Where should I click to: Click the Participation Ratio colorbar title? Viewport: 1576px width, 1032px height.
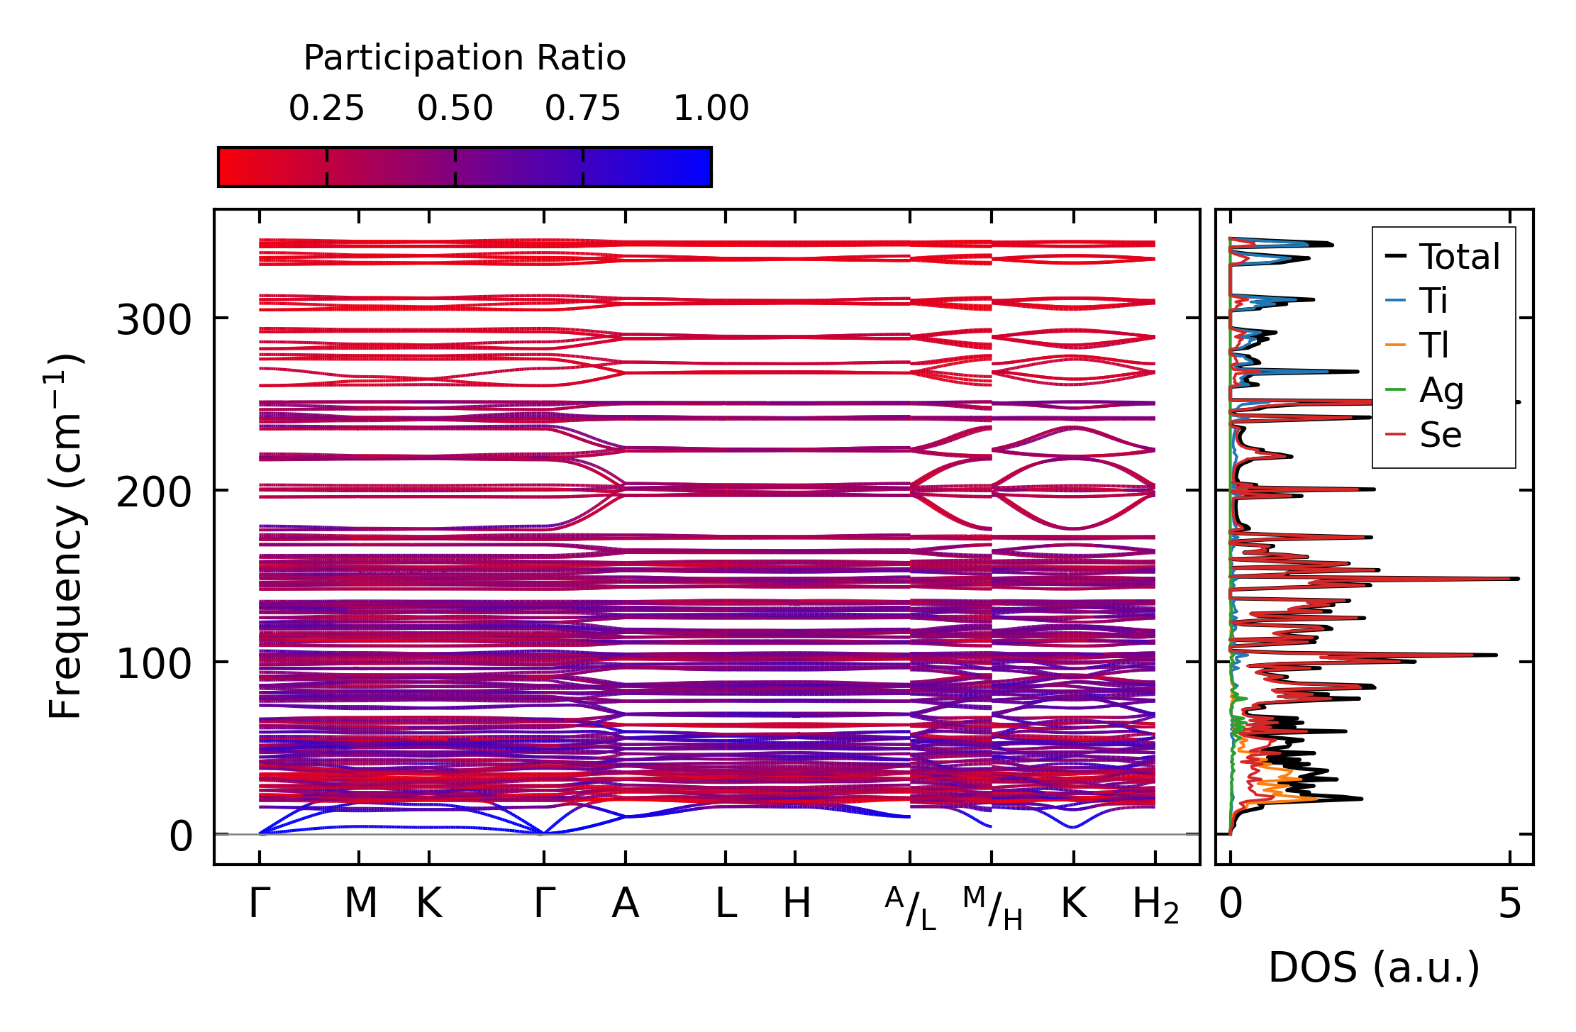click(x=465, y=58)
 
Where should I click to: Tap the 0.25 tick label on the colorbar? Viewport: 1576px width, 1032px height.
click(x=326, y=109)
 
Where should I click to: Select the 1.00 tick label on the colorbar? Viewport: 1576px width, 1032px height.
click(x=711, y=109)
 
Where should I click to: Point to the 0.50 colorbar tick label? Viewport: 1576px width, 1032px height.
click(x=455, y=109)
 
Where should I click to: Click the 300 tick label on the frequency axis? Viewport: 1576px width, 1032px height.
click(x=154, y=320)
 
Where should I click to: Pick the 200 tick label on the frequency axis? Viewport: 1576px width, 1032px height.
click(x=154, y=492)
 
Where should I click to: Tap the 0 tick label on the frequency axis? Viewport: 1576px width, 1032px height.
click(x=180, y=836)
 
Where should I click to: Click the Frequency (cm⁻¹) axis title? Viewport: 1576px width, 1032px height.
click(x=65, y=536)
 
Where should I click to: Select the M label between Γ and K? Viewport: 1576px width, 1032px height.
click(x=360, y=904)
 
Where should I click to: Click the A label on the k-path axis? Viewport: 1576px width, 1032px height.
click(x=625, y=904)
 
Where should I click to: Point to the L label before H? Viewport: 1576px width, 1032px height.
click(x=726, y=904)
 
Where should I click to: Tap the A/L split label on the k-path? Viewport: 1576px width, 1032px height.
click(x=911, y=909)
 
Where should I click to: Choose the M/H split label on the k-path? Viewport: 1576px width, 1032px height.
click(x=992, y=909)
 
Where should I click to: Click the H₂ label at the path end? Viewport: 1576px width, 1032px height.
click(x=1155, y=905)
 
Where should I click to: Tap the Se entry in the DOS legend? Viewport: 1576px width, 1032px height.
click(x=1441, y=435)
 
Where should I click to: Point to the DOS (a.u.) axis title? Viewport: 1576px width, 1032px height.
click(x=1374, y=967)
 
